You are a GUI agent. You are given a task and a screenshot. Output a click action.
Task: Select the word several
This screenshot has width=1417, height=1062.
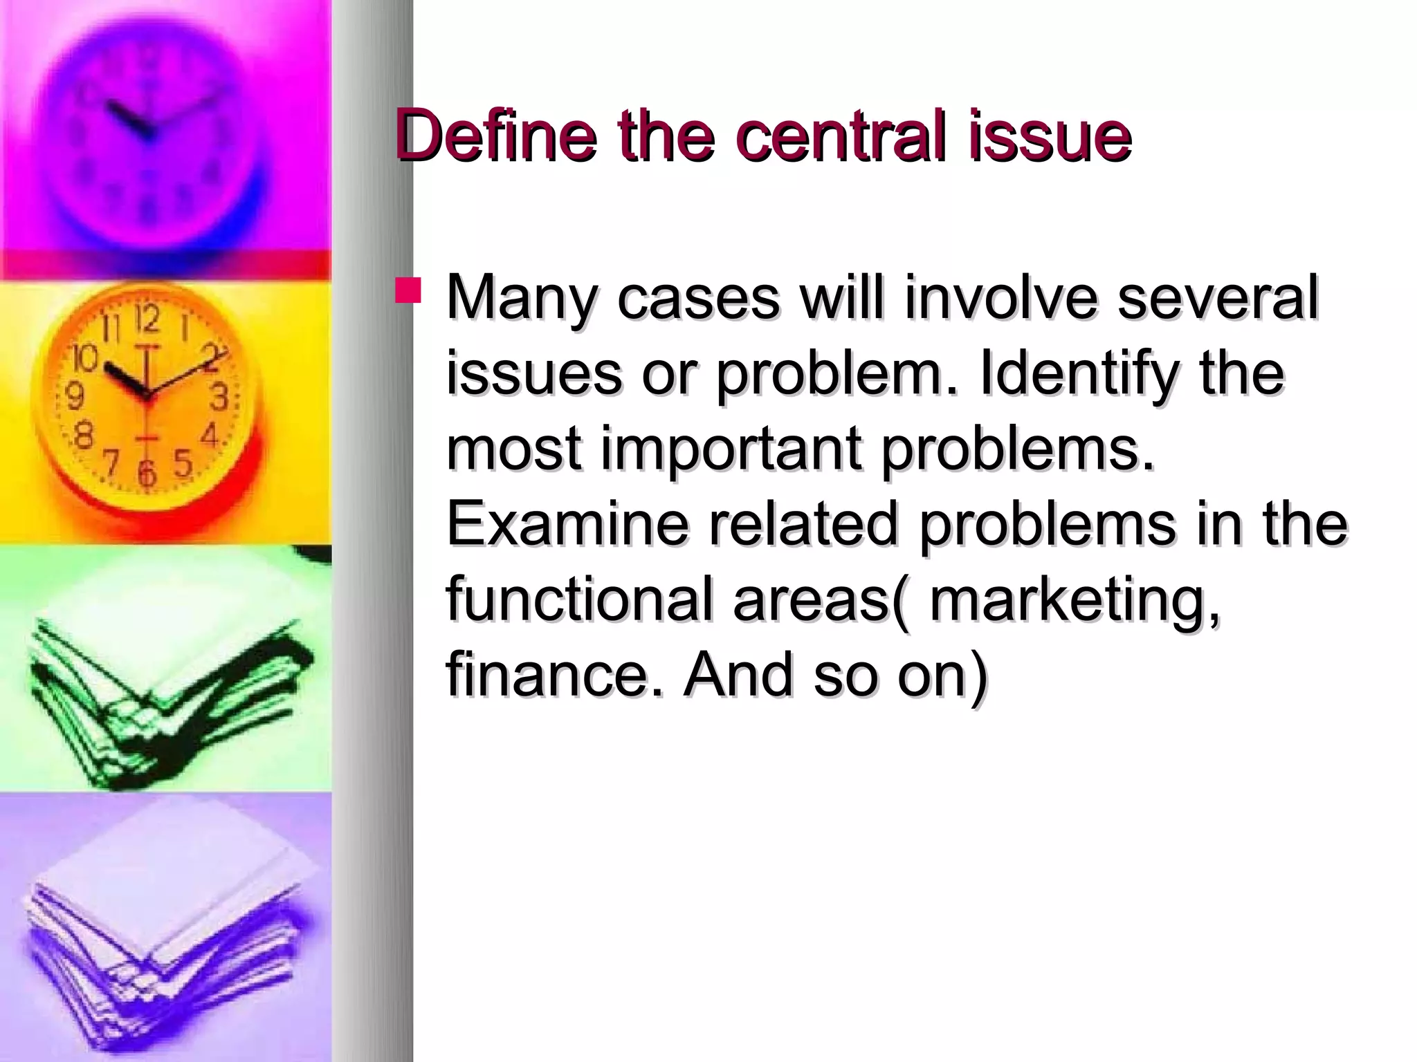[1218, 298]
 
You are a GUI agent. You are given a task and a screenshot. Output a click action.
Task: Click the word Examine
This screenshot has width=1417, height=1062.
[567, 523]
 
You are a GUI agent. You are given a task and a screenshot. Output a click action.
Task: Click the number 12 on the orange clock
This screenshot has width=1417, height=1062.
[147, 319]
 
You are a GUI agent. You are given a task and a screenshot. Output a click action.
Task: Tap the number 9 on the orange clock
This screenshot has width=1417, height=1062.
[74, 397]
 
